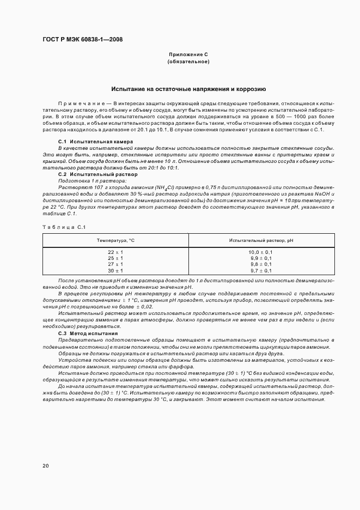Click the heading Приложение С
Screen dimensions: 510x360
pyautogui.click(x=188, y=55)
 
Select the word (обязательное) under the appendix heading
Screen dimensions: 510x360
pyautogui.click(x=188, y=62)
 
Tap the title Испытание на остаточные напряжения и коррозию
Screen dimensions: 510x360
pyautogui.click(x=188, y=88)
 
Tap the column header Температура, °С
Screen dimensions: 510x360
pyautogui.click(x=115, y=240)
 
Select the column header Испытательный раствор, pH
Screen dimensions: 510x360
pyautogui.click(x=261, y=240)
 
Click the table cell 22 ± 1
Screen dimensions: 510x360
pyautogui.click(x=115, y=252)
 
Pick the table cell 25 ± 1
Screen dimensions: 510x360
pyautogui.click(x=115, y=258)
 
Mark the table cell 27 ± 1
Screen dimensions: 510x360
pyautogui.click(x=115, y=264)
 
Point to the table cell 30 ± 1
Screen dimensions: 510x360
pyautogui.click(x=115, y=270)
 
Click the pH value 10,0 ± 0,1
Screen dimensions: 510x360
pyautogui.click(x=261, y=252)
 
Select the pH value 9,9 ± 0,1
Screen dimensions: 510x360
pyautogui.click(x=261, y=258)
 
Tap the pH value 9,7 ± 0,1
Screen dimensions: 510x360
pyautogui.click(x=261, y=270)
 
